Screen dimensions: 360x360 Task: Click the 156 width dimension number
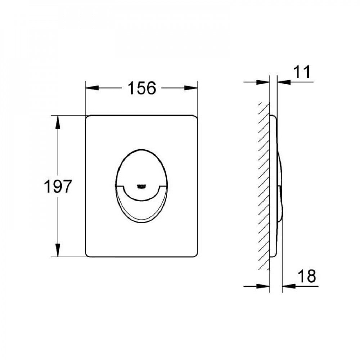[x=141, y=88]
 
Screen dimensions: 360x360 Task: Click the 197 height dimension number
[x=58, y=186]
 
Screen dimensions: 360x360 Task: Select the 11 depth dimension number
[x=302, y=72]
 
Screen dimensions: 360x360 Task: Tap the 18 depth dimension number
[x=307, y=276]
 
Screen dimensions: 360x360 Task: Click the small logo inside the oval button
[x=141, y=186]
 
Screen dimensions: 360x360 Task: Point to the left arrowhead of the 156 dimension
[x=92, y=88]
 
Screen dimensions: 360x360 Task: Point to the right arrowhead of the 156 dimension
[x=191, y=88]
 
